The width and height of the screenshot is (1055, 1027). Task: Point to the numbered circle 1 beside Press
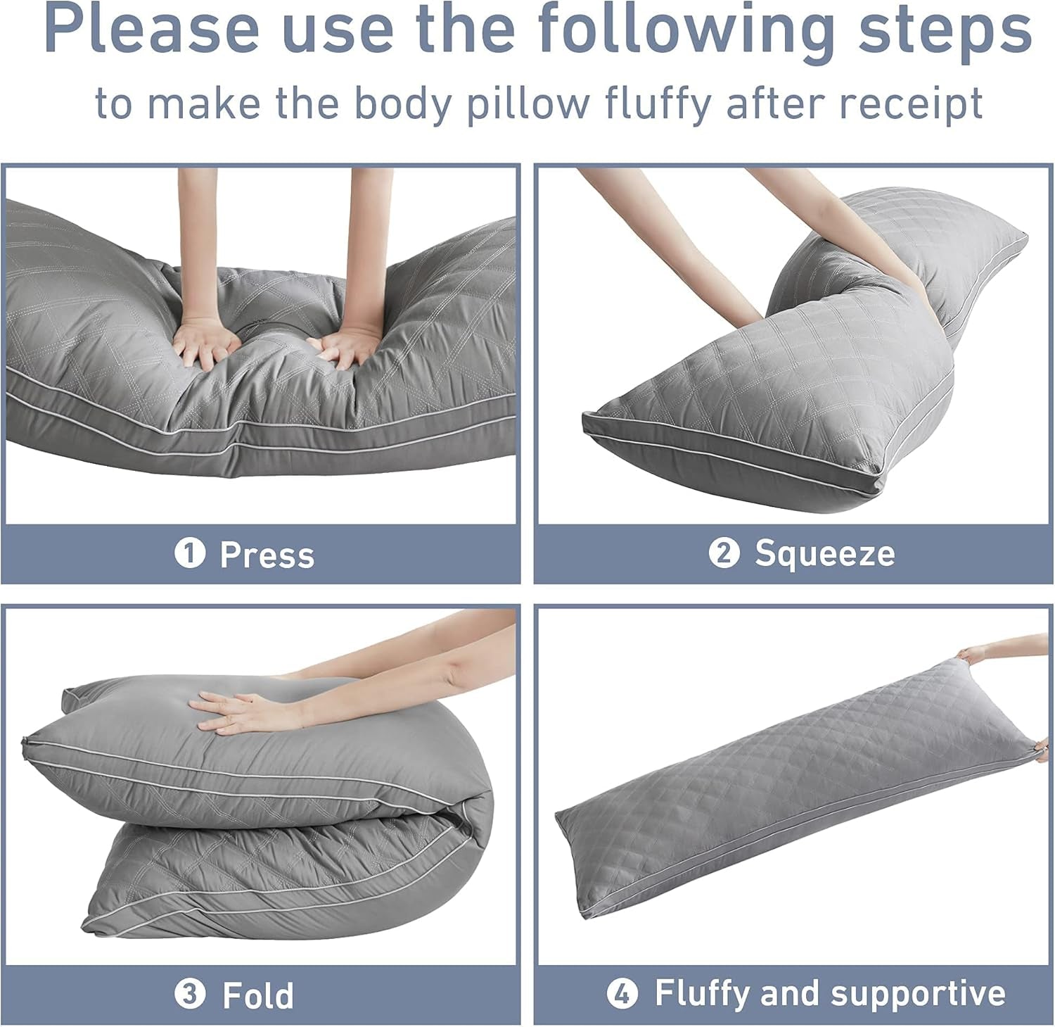[189, 553]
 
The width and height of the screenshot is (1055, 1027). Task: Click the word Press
[267, 555]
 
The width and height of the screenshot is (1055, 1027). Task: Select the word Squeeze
[824, 553]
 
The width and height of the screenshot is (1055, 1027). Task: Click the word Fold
[257, 995]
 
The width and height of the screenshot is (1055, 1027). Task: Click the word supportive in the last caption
[918, 993]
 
